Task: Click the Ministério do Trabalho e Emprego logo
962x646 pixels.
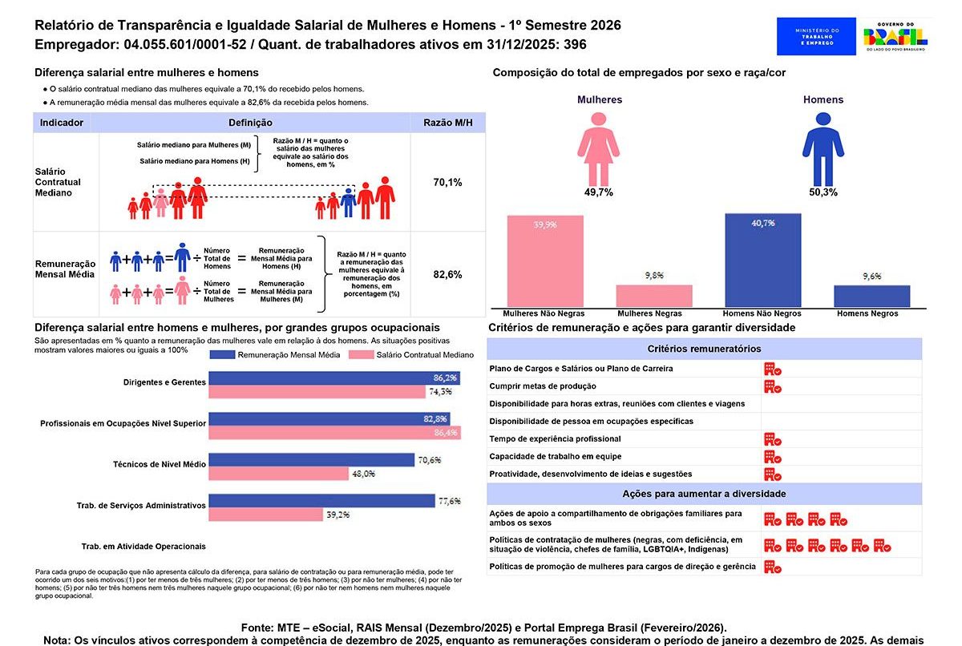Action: [x=815, y=36]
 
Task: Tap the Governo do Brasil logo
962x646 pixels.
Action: [x=895, y=36]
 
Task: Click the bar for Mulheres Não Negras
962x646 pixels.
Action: [x=544, y=261]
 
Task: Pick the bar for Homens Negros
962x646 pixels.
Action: [x=871, y=296]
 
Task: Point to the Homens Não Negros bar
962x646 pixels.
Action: [x=762, y=260]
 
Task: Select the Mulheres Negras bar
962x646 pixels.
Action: [x=653, y=296]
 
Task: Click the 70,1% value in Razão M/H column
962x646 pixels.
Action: [x=447, y=183]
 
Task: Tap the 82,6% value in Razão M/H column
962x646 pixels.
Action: [x=447, y=274]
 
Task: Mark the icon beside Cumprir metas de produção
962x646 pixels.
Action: [x=772, y=386]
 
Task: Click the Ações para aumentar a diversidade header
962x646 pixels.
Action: [x=704, y=494]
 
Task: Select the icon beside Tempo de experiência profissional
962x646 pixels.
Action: [x=772, y=439]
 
